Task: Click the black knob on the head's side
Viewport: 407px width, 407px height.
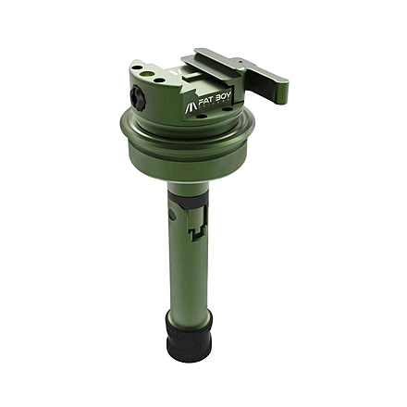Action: [x=138, y=97]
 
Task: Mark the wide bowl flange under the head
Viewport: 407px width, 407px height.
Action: [x=185, y=148]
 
